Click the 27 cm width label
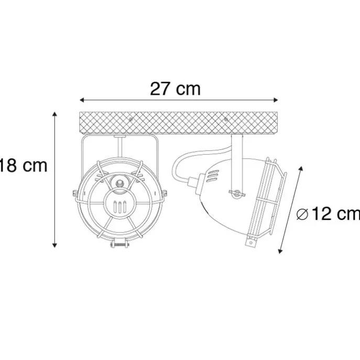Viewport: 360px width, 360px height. point(175,89)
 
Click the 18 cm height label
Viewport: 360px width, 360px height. point(23,166)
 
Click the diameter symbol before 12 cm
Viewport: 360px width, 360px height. point(302,214)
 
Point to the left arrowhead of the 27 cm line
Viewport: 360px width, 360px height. point(82,100)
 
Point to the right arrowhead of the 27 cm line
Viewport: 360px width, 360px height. point(276,100)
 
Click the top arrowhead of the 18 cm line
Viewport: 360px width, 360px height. point(54,114)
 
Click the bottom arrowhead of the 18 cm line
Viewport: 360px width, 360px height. point(54,245)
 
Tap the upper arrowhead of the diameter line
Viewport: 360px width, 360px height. point(301,169)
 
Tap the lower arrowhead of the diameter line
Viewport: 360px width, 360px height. point(280,251)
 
